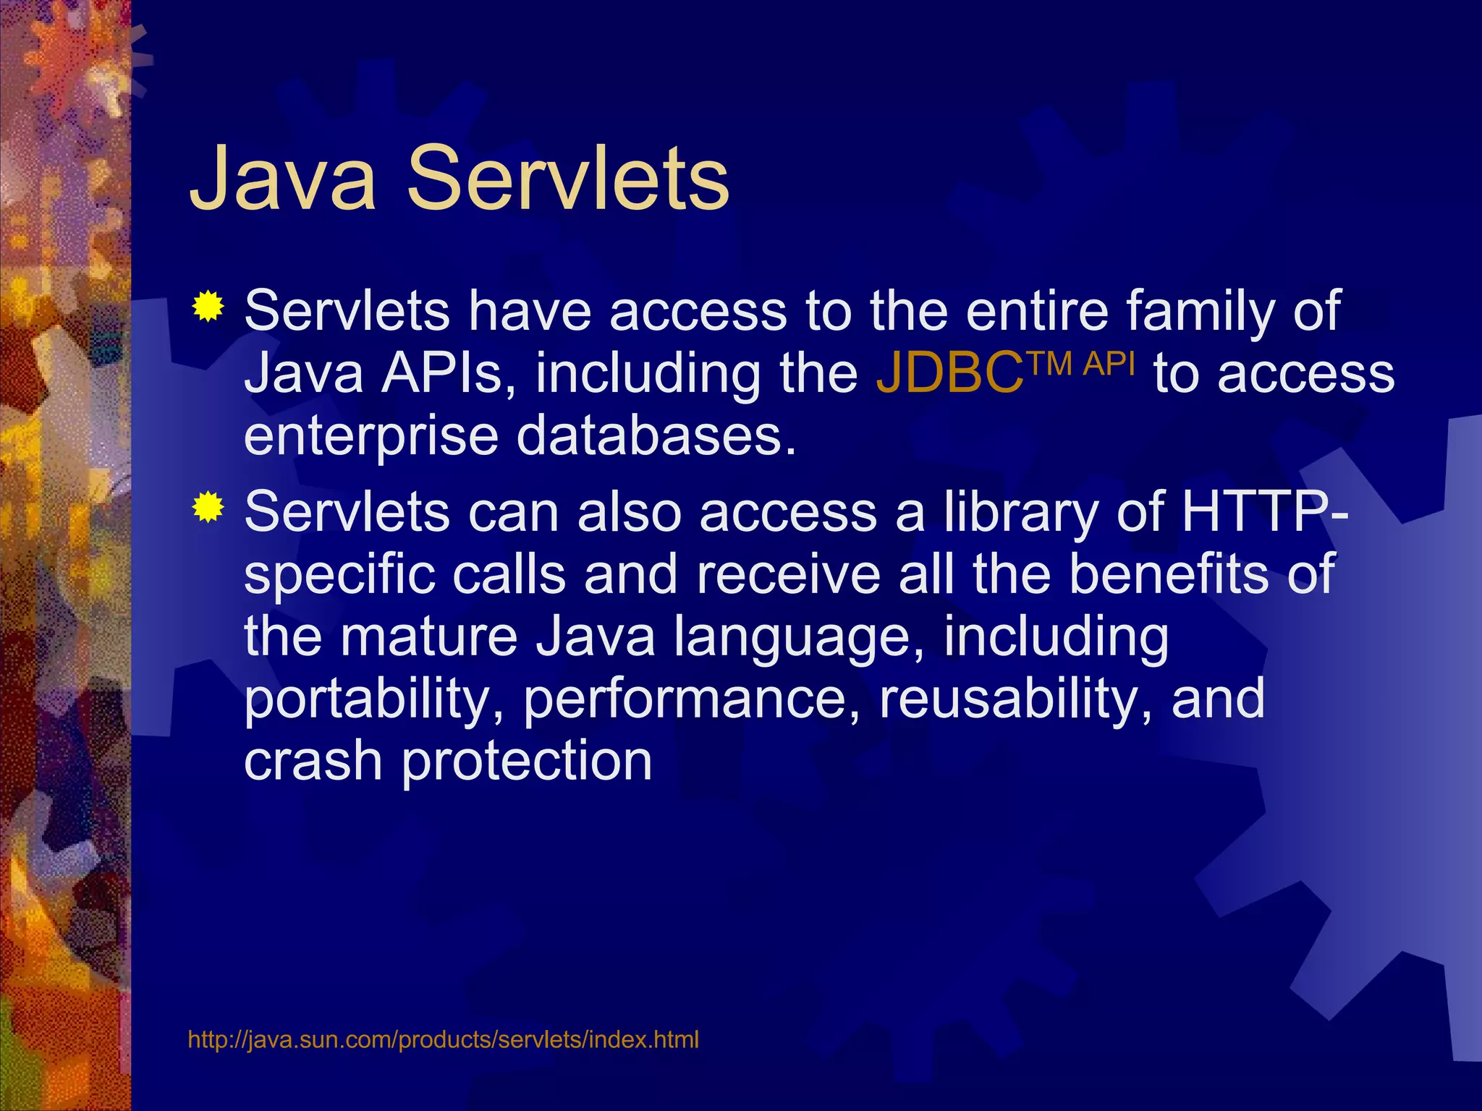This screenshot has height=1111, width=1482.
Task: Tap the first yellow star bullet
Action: click(x=208, y=307)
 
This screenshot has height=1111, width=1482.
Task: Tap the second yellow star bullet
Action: click(x=208, y=508)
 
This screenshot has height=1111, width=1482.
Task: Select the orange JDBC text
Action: click(x=949, y=375)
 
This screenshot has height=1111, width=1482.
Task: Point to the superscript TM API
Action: click(x=1081, y=363)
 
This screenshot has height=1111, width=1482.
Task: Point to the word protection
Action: click(x=527, y=762)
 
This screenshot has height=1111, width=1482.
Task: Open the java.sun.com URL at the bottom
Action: click(x=443, y=1039)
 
